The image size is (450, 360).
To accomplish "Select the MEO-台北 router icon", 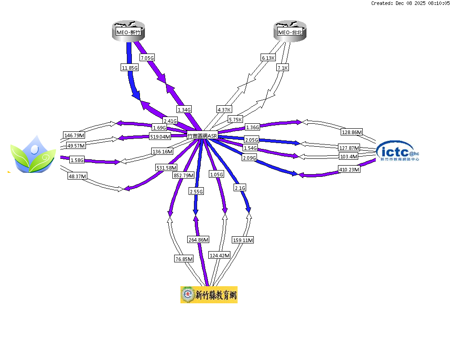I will tap(290, 32).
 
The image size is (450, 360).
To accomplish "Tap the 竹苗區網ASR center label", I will tap(202, 135).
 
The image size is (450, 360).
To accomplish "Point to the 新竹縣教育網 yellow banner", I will tap(209, 295).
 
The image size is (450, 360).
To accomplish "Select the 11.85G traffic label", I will tap(129, 67).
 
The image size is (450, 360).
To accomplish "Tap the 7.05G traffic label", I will tap(147, 58).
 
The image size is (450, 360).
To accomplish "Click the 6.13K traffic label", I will tap(268, 58).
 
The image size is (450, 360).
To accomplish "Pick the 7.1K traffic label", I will tap(282, 67).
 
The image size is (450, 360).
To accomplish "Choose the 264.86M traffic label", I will tap(198, 240).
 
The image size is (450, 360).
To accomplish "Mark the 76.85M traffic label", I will tap(184, 259).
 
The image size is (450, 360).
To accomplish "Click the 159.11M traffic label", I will tap(243, 240).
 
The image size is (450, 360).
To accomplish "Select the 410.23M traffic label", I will tap(349, 170).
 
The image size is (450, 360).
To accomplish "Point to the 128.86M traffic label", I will tap(352, 132).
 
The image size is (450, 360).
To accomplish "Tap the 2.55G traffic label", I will tap(196, 191).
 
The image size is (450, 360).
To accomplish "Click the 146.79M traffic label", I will tap(74, 135).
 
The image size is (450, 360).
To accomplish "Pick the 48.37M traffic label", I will tap(77, 176).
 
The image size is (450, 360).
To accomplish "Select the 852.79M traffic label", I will tap(184, 175).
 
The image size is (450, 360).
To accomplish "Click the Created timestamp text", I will tap(409, 3).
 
